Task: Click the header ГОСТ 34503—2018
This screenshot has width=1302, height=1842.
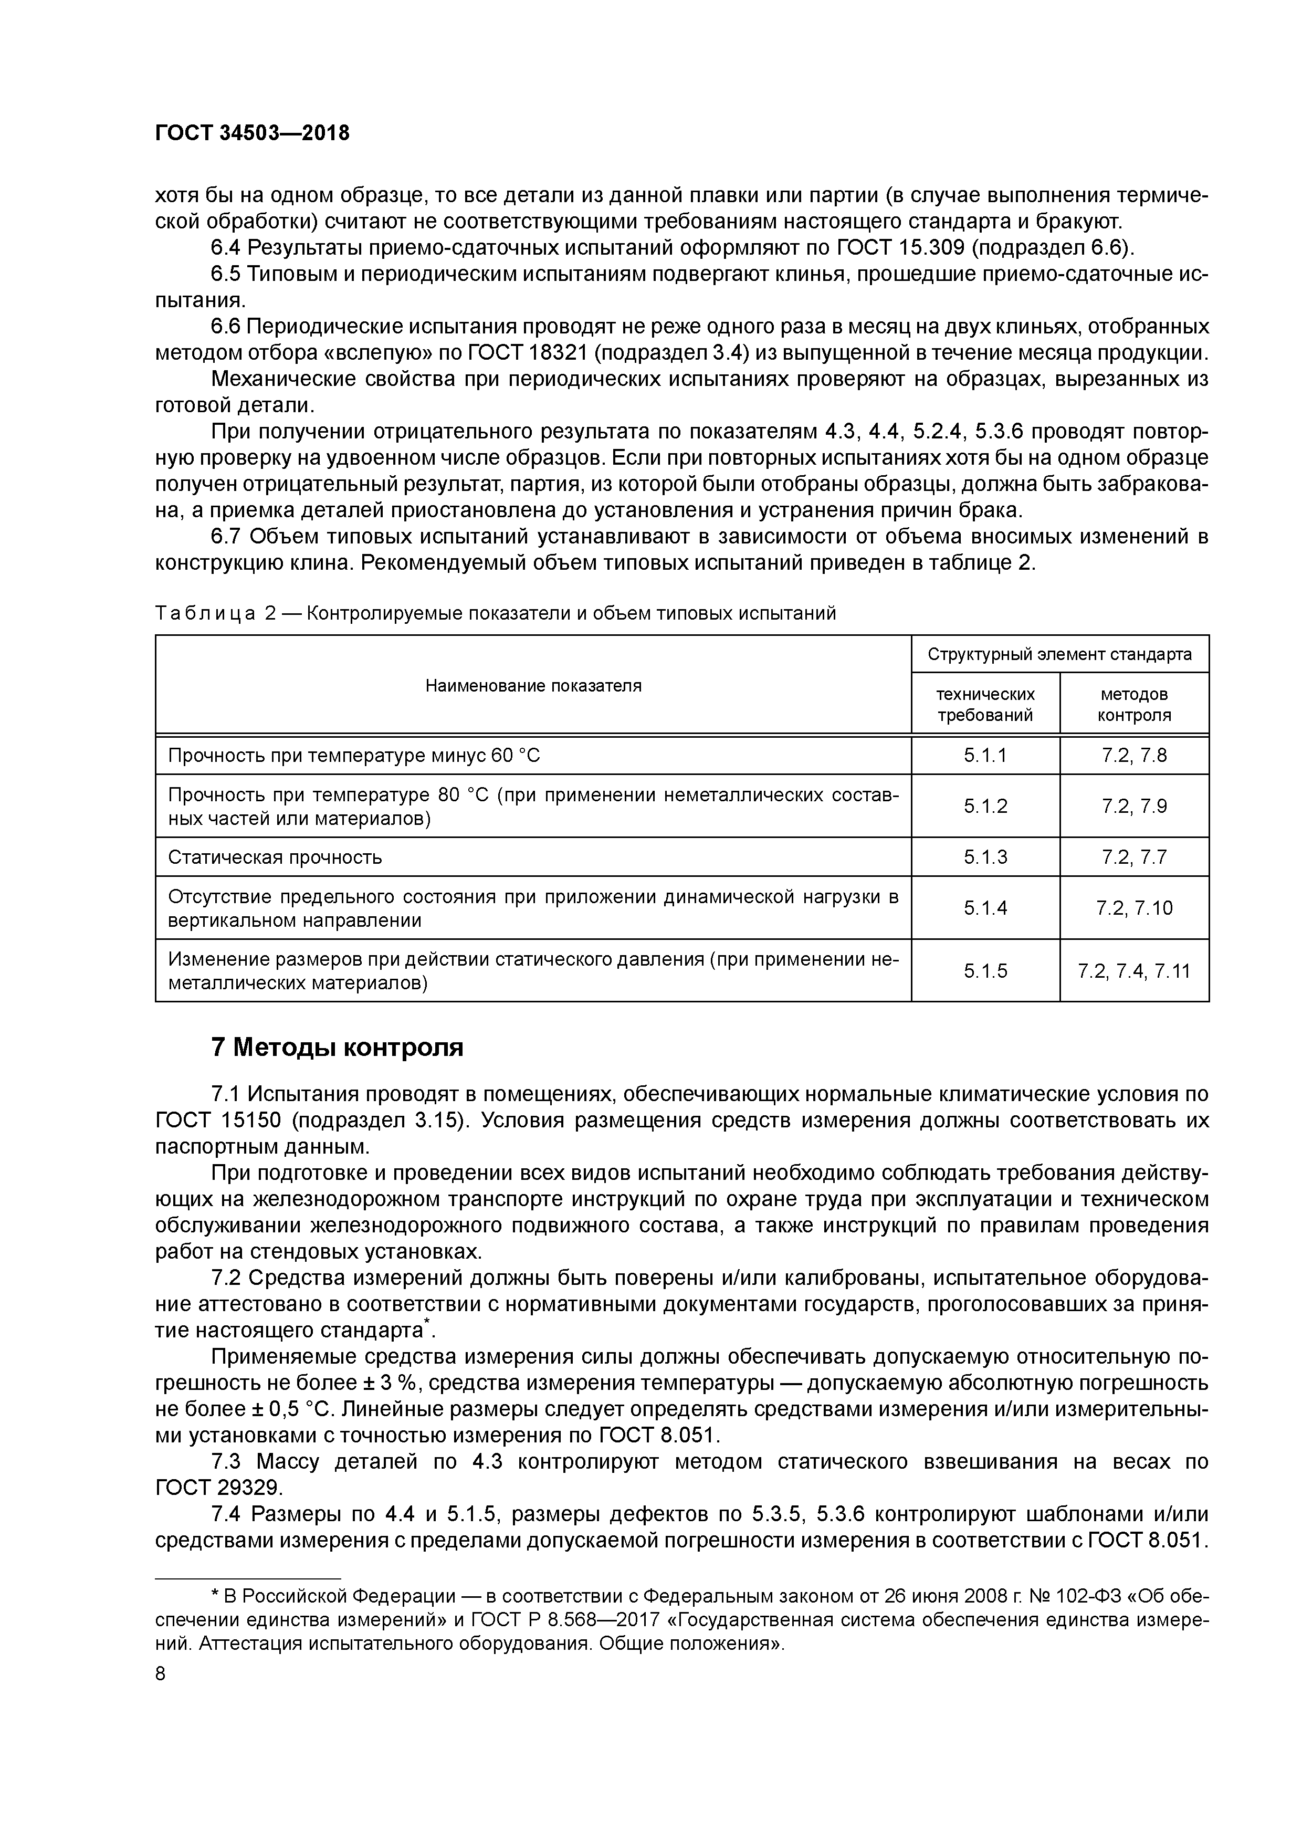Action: click(x=252, y=133)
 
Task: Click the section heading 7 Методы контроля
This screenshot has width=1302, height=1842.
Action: click(x=337, y=1047)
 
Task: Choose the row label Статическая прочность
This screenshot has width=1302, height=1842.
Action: click(x=275, y=857)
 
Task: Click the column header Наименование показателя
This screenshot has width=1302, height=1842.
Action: click(x=533, y=685)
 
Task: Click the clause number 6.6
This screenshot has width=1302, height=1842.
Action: click(x=225, y=327)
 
